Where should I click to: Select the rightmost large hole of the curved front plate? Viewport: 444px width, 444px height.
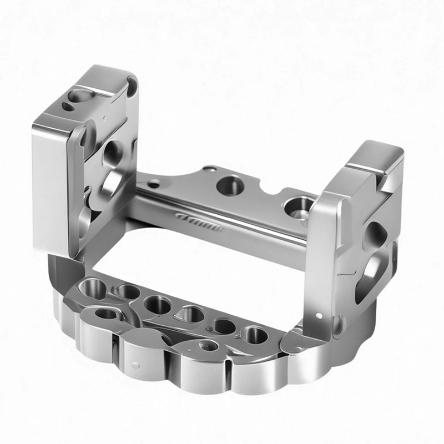(255, 335)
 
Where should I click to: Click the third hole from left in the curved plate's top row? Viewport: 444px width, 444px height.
(155, 304)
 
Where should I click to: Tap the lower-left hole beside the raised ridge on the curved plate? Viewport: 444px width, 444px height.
(107, 315)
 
